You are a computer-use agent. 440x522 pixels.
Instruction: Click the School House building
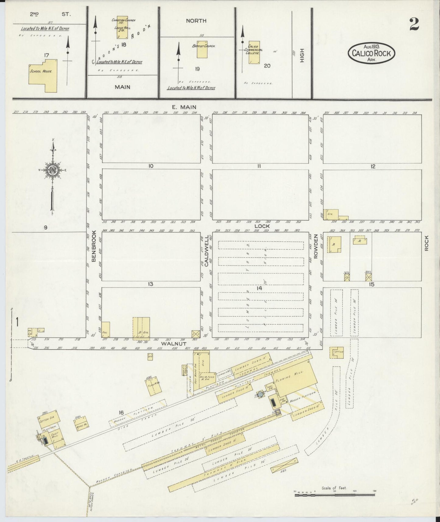click(x=42, y=75)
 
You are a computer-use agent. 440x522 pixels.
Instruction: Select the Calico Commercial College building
click(x=254, y=52)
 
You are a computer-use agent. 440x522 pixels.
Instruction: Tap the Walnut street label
click(x=169, y=344)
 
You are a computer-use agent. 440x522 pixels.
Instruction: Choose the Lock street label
click(x=262, y=226)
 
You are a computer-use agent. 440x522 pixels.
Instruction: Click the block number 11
click(x=259, y=166)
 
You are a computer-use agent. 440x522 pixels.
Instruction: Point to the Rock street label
click(x=426, y=243)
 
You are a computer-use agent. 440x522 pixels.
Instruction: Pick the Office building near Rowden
click(x=336, y=352)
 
